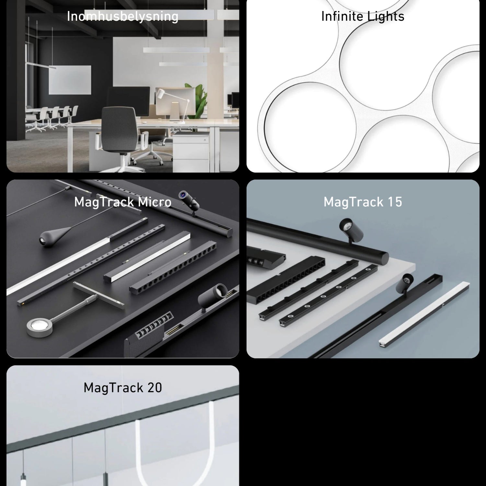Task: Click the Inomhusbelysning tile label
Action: (122, 16)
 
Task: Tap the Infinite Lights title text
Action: (363, 16)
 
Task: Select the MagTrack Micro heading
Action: (122, 202)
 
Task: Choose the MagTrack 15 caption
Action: (363, 202)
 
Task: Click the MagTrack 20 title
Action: (122, 388)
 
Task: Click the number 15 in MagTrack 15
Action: (395, 202)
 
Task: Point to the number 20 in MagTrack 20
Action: (154, 388)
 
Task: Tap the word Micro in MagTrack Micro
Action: (154, 202)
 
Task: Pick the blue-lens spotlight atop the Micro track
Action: (189, 200)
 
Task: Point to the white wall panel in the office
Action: (70, 80)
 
